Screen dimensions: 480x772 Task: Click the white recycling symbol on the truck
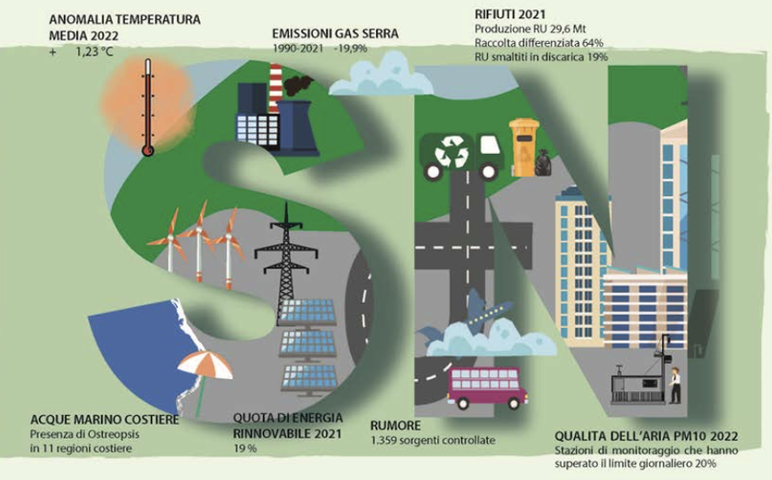451,151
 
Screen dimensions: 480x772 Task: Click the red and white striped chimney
273,86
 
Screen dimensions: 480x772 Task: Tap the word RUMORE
395,425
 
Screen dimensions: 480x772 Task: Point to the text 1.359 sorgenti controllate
433,441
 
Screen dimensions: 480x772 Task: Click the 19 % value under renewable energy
246,449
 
